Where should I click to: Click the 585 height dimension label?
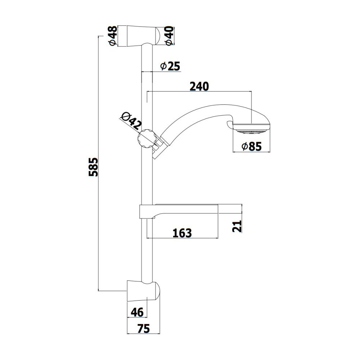[x=94, y=167]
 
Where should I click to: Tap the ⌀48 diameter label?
[x=113, y=36]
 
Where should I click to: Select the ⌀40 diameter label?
[x=170, y=36]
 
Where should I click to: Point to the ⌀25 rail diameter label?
[x=170, y=66]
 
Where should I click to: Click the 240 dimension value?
[x=199, y=86]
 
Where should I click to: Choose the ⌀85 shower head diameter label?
[x=252, y=147]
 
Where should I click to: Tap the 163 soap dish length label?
[x=182, y=233]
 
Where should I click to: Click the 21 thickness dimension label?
[x=237, y=226]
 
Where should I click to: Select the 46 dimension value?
[x=137, y=312]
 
